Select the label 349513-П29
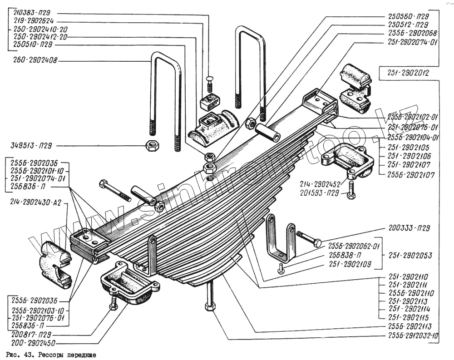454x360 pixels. [x=30, y=146]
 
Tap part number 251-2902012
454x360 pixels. [x=408, y=72]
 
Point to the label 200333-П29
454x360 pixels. [x=407, y=228]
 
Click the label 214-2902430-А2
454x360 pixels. [x=34, y=204]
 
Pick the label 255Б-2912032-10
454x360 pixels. [x=413, y=336]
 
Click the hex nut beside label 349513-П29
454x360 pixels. [x=151, y=146]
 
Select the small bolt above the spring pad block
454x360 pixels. [x=209, y=84]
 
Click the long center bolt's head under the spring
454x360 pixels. [x=209, y=306]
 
